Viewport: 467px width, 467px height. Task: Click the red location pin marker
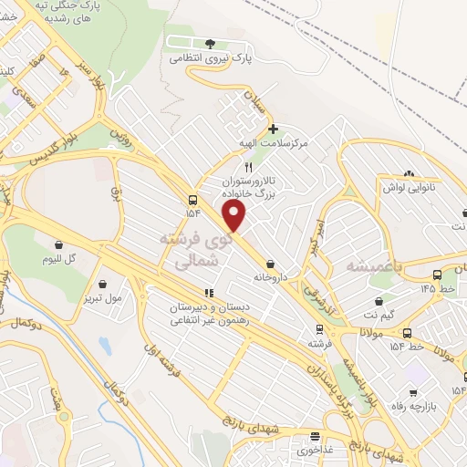pos(235,217)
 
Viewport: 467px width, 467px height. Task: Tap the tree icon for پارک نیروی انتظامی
pos(211,43)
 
